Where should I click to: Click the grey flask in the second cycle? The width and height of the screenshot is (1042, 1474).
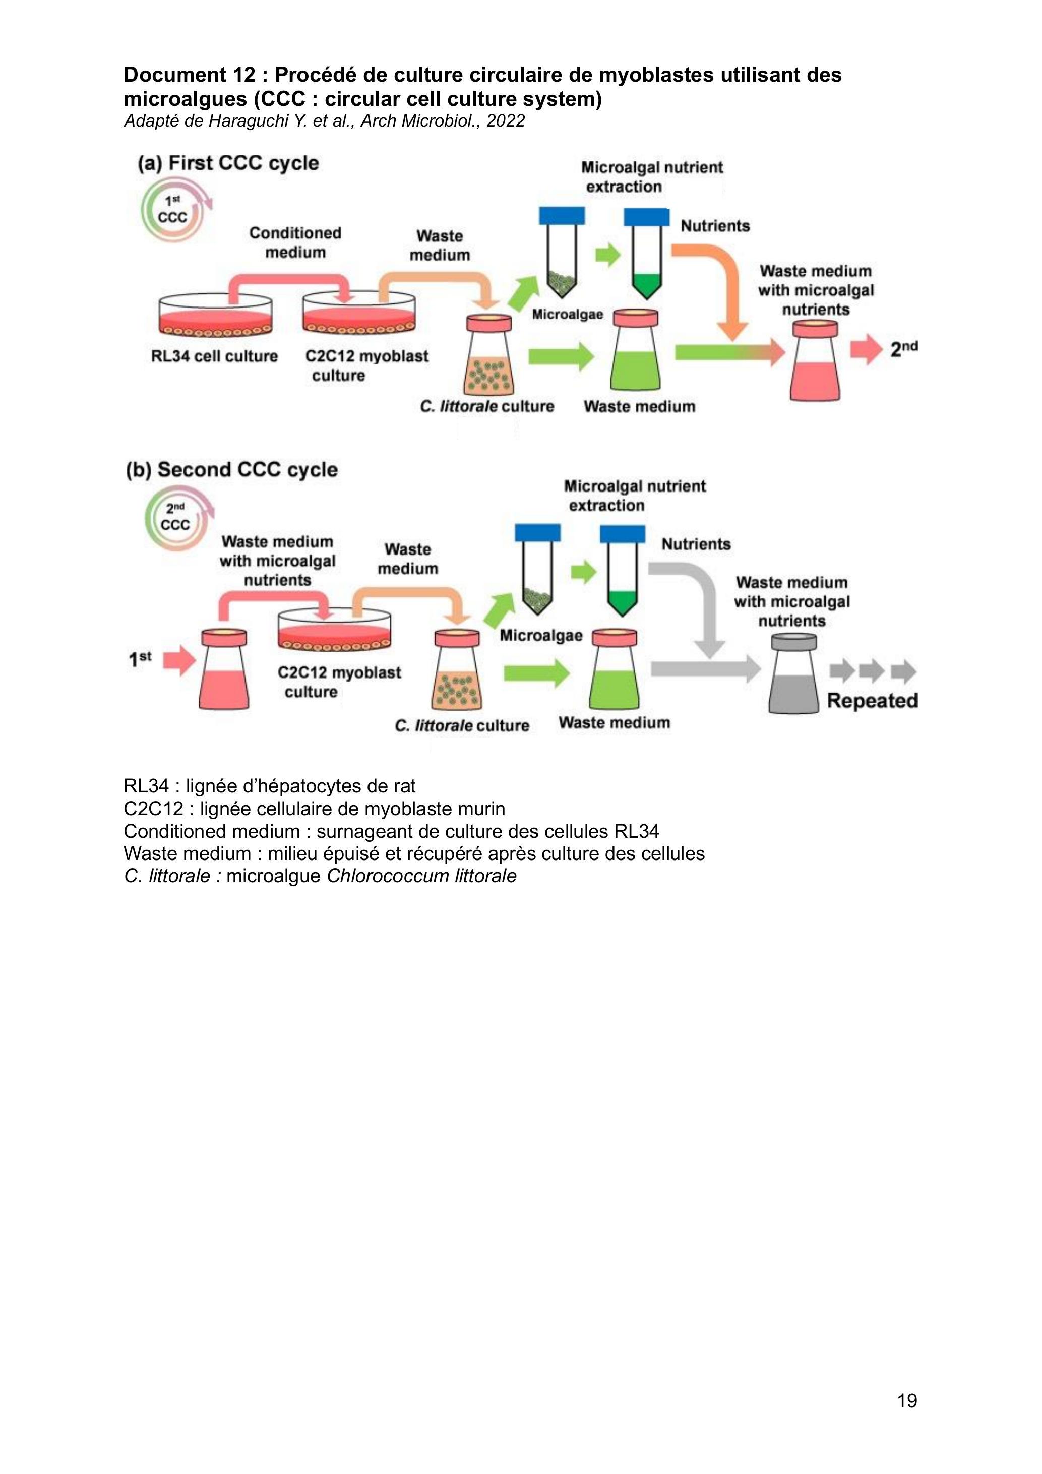coord(793,673)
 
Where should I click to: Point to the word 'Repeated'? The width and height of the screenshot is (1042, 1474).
coord(872,700)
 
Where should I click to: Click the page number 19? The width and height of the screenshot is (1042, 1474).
coord(906,1400)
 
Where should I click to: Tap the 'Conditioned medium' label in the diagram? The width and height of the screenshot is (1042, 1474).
coord(295,242)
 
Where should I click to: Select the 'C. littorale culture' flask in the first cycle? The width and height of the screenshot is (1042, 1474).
coord(489,355)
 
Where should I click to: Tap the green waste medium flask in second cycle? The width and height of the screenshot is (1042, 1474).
coord(615,670)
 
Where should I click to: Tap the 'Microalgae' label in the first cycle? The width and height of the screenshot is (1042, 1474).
coord(568,315)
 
